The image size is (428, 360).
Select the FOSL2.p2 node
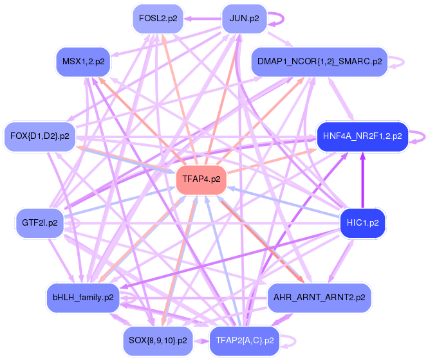(x=158, y=19)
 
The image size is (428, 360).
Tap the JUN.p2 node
(x=244, y=19)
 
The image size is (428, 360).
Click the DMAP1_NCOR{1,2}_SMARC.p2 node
(x=319, y=62)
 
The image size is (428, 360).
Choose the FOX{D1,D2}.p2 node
(x=40, y=136)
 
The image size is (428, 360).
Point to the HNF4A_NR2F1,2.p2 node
(x=362, y=136)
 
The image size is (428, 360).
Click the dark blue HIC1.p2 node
(x=362, y=223)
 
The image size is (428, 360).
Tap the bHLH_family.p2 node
(x=83, y=297)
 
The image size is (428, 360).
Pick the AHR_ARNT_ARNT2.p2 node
(x=319, y=297)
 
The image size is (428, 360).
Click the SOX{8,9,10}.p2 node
(x=158, y=339)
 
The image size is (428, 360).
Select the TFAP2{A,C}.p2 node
(x=244, y=339)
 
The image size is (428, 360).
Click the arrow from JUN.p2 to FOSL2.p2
(x=201, y=19)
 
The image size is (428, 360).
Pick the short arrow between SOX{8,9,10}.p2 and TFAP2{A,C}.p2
(x=201, y=339)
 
